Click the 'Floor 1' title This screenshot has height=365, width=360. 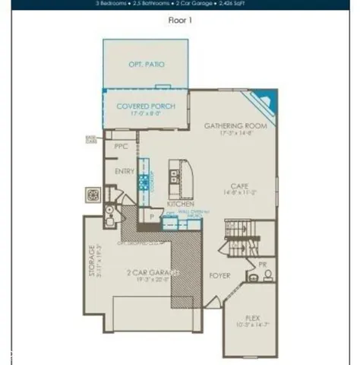179,21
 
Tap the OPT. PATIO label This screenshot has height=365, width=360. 147,65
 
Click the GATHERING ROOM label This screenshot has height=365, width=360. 234,125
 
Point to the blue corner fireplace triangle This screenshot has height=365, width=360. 264,99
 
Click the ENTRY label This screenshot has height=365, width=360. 124,172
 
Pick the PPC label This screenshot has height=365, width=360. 120,145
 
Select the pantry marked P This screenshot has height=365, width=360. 152,217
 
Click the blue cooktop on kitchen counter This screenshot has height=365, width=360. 142,182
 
